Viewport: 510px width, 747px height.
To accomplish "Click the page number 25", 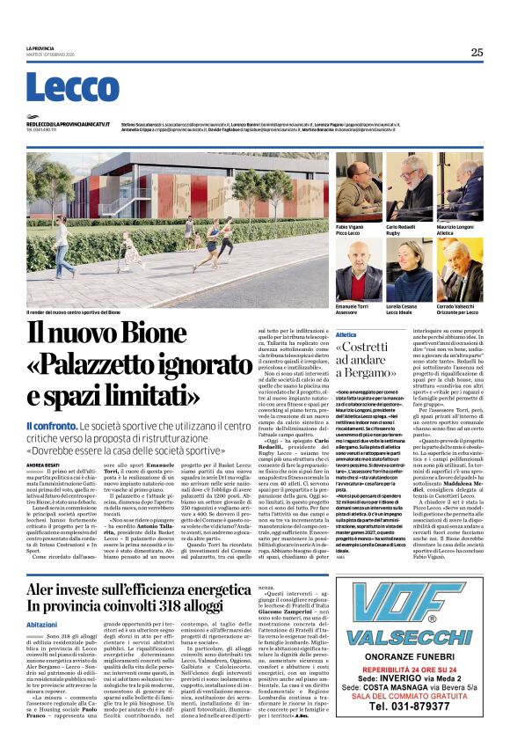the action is coord(477,53).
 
